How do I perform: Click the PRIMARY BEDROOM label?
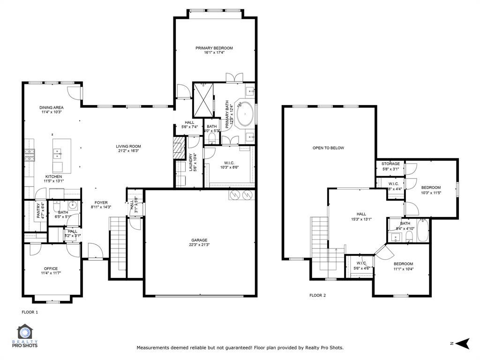[214, 48]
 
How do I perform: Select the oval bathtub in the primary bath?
[245, 114]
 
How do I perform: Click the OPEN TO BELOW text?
[328, 148]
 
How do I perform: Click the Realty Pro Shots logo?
[27, 337]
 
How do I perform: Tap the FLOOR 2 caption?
[317, 295]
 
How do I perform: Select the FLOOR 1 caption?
[30, 312]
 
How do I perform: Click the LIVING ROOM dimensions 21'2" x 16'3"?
[128, 151]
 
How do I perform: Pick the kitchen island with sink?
[62, 155]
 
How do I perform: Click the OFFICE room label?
[51, 269]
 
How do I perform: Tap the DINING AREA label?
[51, 107]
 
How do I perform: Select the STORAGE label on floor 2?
[390, 164]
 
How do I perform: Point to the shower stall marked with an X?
[203, 99]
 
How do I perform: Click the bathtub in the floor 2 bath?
[422, 231]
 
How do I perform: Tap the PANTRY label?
[39, 210]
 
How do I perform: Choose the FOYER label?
[101, 202]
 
